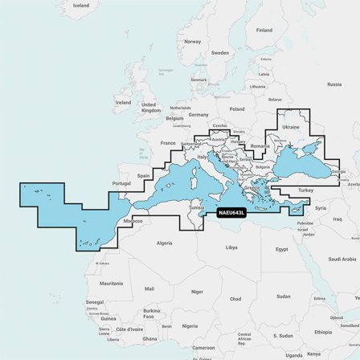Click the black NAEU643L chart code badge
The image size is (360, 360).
click(x=231, y=212)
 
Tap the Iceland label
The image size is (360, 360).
click(x=80, y=6)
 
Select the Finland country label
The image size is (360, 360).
click(x=264, y=30)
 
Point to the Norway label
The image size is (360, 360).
click(x=192, y=41)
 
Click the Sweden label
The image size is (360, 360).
click(x=220, y=53)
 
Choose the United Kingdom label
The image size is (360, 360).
click(x=150, y=107)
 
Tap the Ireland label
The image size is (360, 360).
click(x=123, y=103)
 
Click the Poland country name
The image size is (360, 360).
click(x=236, y=108)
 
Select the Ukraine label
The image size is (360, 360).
click(x=292, y=127)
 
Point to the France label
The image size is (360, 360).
click(x=167, y=143)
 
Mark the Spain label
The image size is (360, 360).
click(x=144, y=175)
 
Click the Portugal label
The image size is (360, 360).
click(x=121, y=183)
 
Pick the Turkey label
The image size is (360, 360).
click(x=306, y=190)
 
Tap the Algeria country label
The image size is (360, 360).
click(x=164, y=243)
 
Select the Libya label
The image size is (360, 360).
click(x=231, y=247)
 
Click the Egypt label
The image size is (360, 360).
click(x=281, y=249)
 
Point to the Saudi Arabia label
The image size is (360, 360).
click(x=342, y=259)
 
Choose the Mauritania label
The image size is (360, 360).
click(x=111, y=283)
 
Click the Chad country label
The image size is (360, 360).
click(x=235, y=298)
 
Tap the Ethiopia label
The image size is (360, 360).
click(x=322, y=331)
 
